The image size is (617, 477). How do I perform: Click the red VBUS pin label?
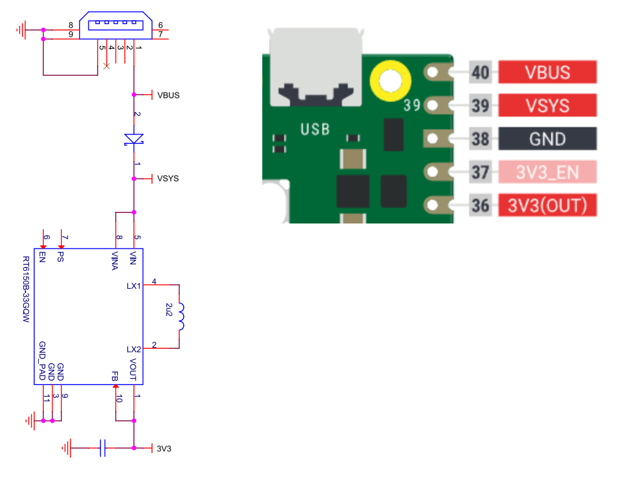547,73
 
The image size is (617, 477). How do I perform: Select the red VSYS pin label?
547,106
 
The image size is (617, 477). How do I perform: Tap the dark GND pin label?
547,139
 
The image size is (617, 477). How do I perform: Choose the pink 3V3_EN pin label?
547,173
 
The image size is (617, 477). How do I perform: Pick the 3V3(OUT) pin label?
547,206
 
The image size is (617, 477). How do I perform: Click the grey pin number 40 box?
480,73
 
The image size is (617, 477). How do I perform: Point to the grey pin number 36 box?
480,206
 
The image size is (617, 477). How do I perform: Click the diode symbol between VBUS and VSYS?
134,139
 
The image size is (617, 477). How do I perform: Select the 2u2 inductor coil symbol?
181,317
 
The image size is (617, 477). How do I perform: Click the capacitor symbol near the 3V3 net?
102,448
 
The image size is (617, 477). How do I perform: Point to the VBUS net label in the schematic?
168,95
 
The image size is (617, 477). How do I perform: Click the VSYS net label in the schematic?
168,178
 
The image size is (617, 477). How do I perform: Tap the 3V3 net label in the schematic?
163,448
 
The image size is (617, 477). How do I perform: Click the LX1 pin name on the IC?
133,286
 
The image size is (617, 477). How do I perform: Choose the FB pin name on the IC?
115,376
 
